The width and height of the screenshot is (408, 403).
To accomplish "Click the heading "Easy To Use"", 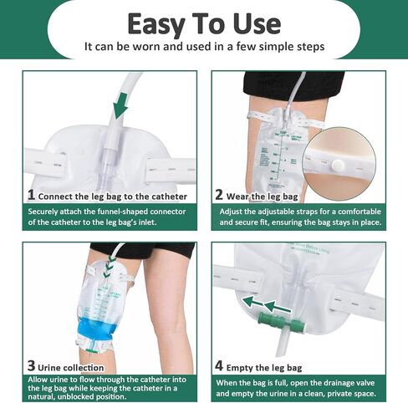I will pos(203,22).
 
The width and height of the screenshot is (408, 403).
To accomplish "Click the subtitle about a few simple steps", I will pos(203,47).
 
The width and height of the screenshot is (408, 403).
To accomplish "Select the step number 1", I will pos(31,196).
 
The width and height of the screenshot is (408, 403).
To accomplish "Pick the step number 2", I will pos(219,196).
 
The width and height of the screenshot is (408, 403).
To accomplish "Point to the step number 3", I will pos(31,366).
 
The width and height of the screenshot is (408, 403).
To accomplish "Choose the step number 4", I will pos(219,365).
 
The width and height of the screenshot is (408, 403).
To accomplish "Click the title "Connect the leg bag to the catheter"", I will pos(113,196).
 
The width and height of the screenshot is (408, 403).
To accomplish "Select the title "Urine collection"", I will pos(71,367).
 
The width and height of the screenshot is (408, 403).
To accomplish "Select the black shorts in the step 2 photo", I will pos(293,84).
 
